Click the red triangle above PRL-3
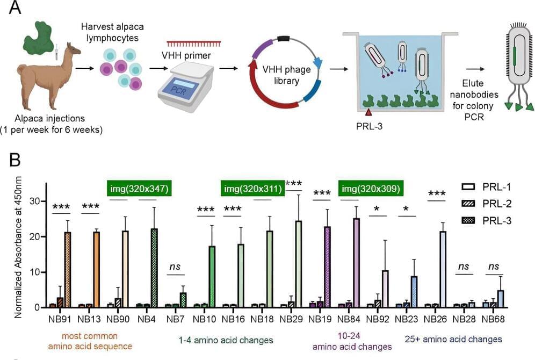tap(368, 112)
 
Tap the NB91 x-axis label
tap(59, 318)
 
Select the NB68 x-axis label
tap(493, 318)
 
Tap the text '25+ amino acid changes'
tap(453, 339)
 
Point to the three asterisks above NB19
tap(322, 192)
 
